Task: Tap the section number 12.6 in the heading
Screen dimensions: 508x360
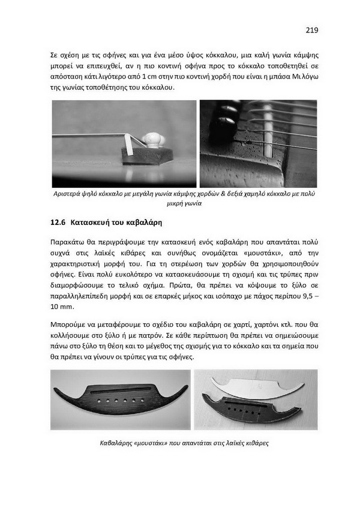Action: pyautogui.click(x=58, y=222)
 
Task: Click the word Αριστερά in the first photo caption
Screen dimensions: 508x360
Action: pyautogui.click(x=68, y=194)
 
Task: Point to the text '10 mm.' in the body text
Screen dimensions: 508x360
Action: pyautogui.click(x=62, y=307)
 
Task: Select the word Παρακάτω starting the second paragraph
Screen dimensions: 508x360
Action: pyautogui.click(x=71, y=242)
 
